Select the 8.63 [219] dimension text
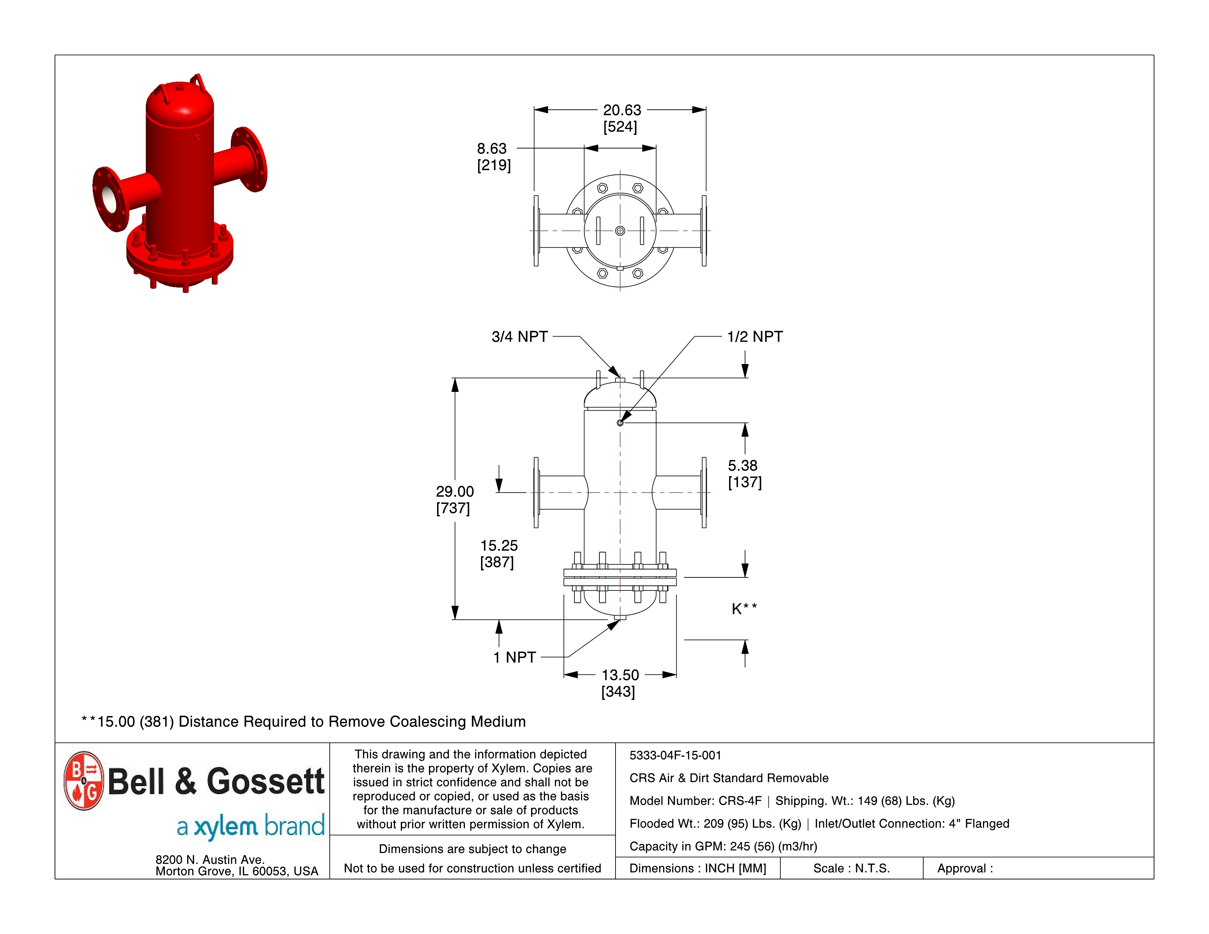click(x=493, y=157)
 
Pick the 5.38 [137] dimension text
click(x=744, y=474)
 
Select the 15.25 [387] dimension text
click(x=498, y=553)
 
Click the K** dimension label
click(x=743, y=609)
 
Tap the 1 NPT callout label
click(x=514, y=657)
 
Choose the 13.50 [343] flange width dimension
click(x=620, y=682)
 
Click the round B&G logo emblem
click(x=84, y=781)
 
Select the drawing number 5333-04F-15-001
click(x=675, y=755)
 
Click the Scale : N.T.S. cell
click(x=851, y=868)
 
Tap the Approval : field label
click(x=964, y=868)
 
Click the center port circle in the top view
click(x=620, y=231)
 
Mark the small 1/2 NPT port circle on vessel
click(x=620, y=423)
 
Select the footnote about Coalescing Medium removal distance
click(x=303, y=722)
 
